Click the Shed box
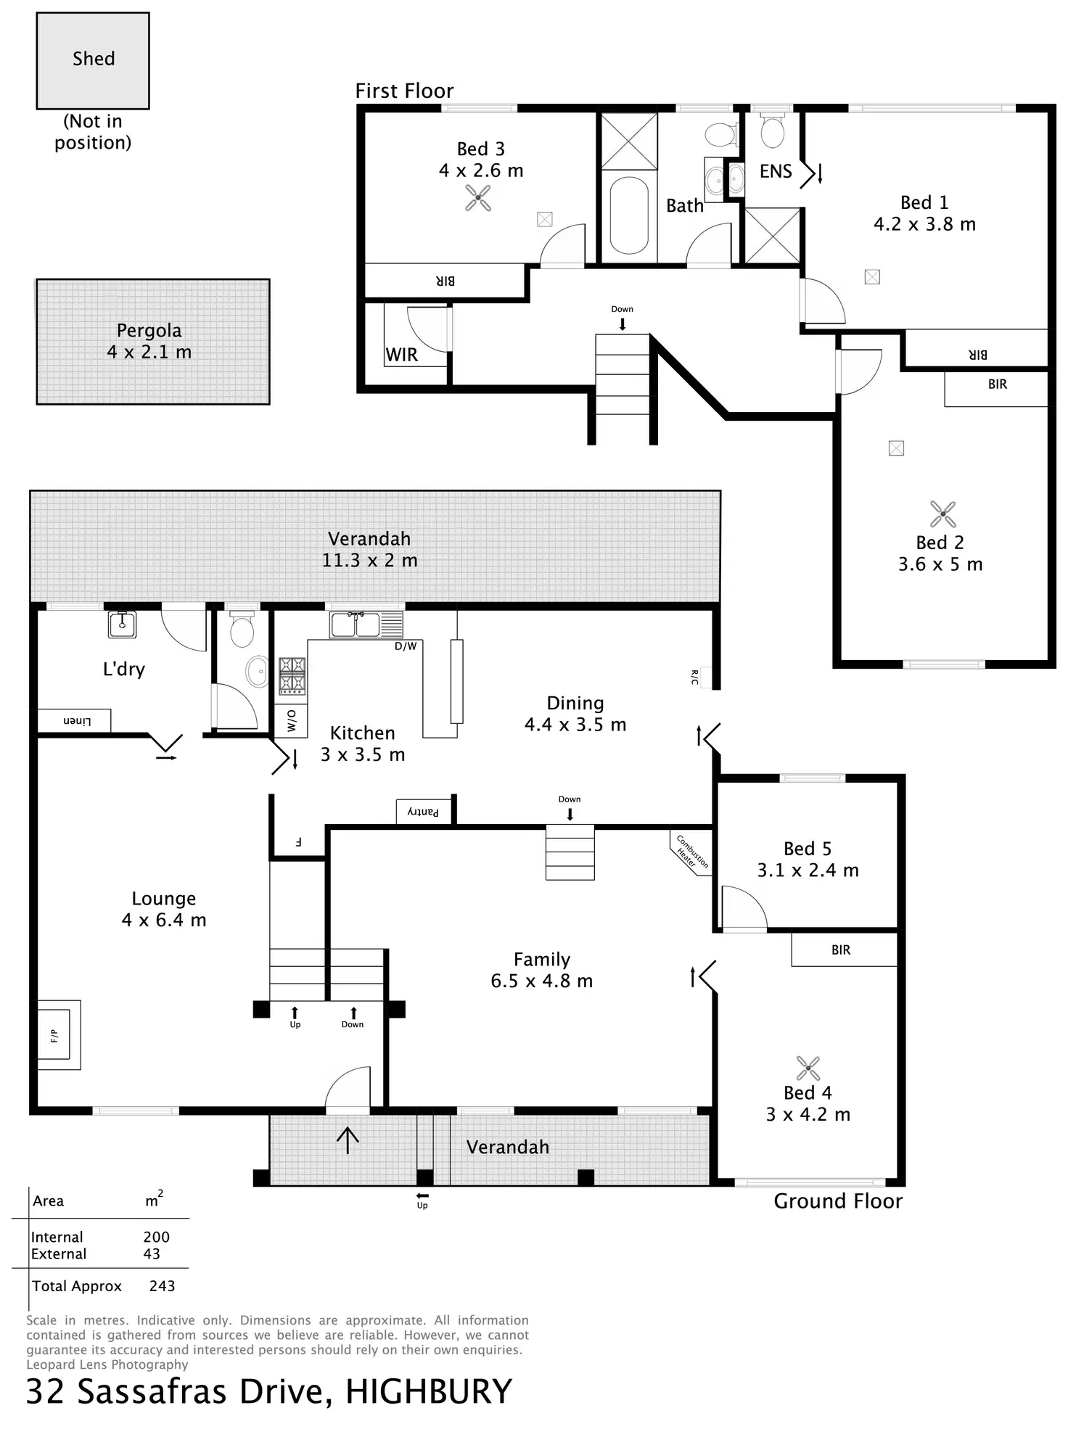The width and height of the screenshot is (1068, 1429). (x=93, y=61)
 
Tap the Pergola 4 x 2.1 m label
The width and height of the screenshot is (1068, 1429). (x=149, y=341)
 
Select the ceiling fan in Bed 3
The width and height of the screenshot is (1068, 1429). (x=478, y=198)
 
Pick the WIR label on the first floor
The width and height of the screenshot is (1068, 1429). (x=402, y=355)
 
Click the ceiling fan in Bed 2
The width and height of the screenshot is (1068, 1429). (x=942, y=514)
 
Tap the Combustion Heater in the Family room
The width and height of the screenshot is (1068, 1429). (x=691, y=853)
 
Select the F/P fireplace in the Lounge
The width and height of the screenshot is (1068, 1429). (x=59, y=1035)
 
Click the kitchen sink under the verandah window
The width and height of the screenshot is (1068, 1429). (x=366, y=625)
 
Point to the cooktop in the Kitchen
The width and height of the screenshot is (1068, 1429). (x=292, y=676)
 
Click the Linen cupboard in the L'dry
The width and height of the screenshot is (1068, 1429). (x=74, y=720)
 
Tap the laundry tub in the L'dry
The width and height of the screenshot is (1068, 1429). (x=122, y=624)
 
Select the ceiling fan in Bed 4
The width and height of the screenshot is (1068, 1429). (x=808, y=1068)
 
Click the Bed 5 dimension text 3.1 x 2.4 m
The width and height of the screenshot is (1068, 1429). (x=808, y=870)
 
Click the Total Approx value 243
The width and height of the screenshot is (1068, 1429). (x=162, y=1286)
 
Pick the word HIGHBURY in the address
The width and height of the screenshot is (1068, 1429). (x=428, y=1391)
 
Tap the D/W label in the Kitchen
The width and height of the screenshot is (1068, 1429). (x=406, y=646)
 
